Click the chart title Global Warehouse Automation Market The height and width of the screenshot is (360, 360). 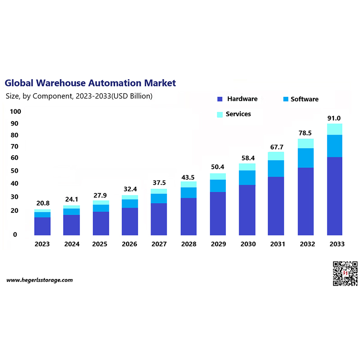click(x=90, y=83)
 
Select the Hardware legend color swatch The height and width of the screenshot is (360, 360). click(x=220, y=99)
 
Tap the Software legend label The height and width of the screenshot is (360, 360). click(x=304, y=99)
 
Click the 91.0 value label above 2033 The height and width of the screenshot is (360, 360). click(x=334, y=118)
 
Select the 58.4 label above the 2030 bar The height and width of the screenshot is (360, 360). click(x=247, y=158)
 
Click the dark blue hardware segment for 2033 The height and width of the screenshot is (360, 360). click(x=334, y=196)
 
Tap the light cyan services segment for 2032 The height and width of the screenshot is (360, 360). click(x=306, y=143)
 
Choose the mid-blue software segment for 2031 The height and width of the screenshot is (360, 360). click(x=276, y=168)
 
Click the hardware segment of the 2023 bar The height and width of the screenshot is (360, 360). click(x=42, y=226)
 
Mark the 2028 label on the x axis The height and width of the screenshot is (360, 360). click(x=189, y=244)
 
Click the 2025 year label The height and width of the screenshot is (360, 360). click(x=101, y=244)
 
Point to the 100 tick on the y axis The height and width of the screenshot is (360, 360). click(x=15, y=112)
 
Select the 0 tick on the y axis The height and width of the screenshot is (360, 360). click(x=15, y=234)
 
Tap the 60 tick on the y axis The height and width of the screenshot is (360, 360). click(x=15, y=158)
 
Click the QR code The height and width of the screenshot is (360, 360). click(x=345, y=273)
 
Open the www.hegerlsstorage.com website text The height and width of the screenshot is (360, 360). click(x=40, y=280)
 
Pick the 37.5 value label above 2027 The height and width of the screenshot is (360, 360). click(x=159, y=183)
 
